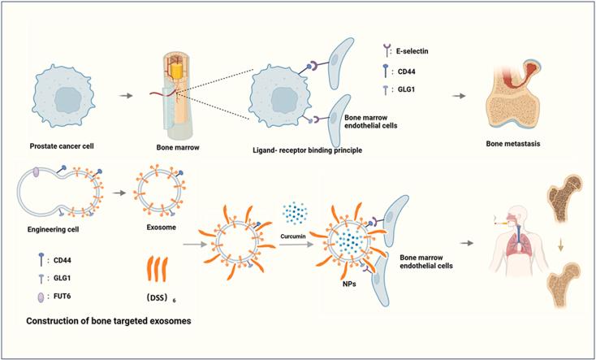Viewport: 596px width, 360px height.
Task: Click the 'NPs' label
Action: [x=348, y=287]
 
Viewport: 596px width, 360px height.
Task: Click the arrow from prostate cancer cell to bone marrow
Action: [x=126, y=95]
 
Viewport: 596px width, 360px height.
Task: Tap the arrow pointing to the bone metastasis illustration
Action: [x=460, y=95]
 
